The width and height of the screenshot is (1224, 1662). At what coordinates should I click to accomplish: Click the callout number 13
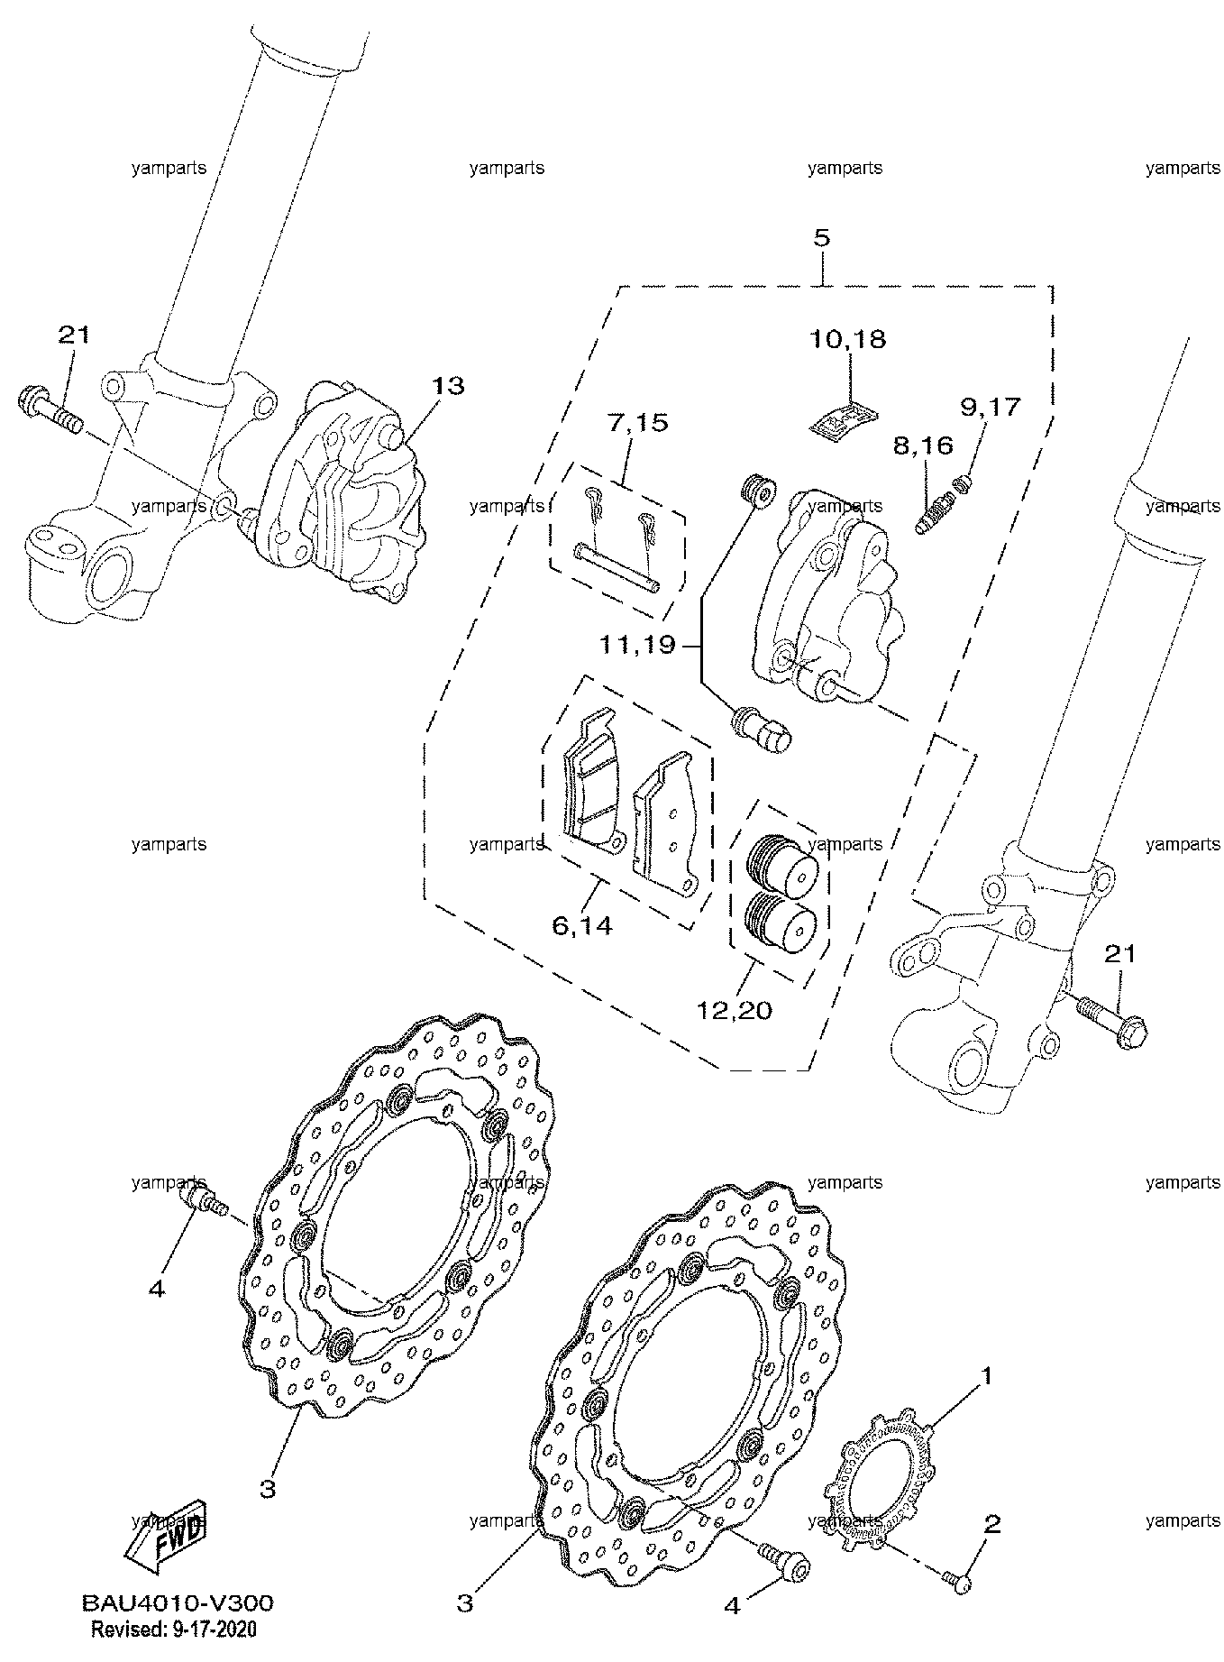point(447,386)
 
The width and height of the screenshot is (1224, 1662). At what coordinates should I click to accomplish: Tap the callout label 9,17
point(990,407)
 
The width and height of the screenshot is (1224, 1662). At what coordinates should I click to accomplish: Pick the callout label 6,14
point(580,925)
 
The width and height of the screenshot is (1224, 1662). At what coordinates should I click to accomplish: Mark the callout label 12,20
point(735,1010)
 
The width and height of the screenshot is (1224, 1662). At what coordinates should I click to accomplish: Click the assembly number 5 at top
point(821,239)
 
